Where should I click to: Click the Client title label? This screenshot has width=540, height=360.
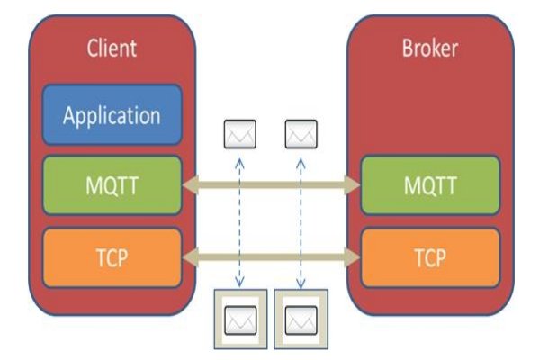[112, 48]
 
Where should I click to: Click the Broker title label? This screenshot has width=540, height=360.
[429, 48]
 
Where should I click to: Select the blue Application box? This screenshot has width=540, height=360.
[112, 116]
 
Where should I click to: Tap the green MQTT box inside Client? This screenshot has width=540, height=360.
[112, 185]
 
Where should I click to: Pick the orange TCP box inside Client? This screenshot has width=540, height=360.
[112, 257]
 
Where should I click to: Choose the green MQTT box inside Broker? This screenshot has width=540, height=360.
[429, 185]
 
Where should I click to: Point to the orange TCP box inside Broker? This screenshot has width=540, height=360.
[429, 257]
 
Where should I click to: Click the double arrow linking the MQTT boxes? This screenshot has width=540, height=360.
[271, 185]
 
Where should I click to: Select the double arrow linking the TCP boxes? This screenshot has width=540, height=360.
[271, 257]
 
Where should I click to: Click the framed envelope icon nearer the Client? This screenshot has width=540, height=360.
[238, 318]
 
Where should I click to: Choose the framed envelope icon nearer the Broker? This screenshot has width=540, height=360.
[301, 318]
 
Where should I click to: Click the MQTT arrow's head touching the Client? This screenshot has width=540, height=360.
[189, 185]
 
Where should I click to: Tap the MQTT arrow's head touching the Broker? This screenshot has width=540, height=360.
[352, 185]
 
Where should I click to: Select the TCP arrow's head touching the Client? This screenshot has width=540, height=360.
[189, 257]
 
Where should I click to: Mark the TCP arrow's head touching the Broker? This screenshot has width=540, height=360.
[352, 257]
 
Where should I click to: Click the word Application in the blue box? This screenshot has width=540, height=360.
[112, 116]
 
